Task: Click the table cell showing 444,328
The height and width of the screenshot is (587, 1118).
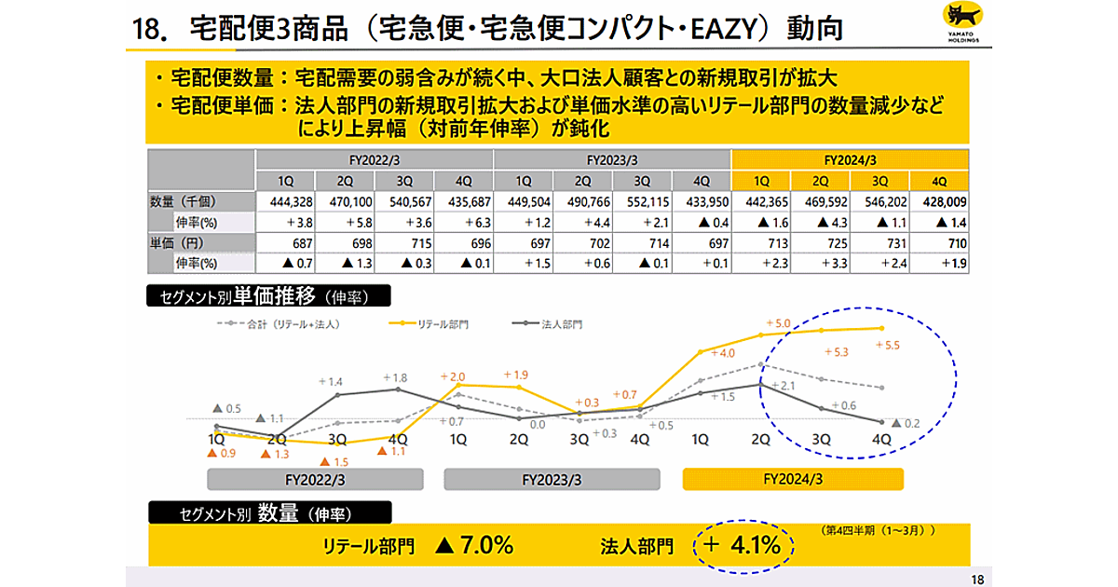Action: pyautogui.click(x=285, y=201)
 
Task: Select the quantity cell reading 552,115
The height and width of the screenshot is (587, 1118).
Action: pyautogui.click(x=643, y=201)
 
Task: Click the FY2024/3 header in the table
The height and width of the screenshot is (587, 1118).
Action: pyautogui.click(x=851, y=158)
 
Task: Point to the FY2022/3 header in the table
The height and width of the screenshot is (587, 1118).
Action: pyautogui.click(x=374, y=158)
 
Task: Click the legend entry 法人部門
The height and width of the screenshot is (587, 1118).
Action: pyautogui.click(x=550, y=324)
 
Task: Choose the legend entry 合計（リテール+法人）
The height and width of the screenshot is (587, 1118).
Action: pyautogui.click(x=279, y=324)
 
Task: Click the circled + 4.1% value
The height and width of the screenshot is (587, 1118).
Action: pyautogui.click(x=744, y=546)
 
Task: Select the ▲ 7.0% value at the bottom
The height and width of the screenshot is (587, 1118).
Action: pyautogui.click(x=474, y=546)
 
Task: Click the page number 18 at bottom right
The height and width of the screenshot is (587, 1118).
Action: pyautogui.click(x=975, y=579)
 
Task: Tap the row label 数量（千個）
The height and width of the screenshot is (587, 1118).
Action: pyautogui.click(x=186, y=201)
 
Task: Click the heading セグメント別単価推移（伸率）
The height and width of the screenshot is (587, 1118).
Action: pyautogui.click(x=269, y=297)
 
